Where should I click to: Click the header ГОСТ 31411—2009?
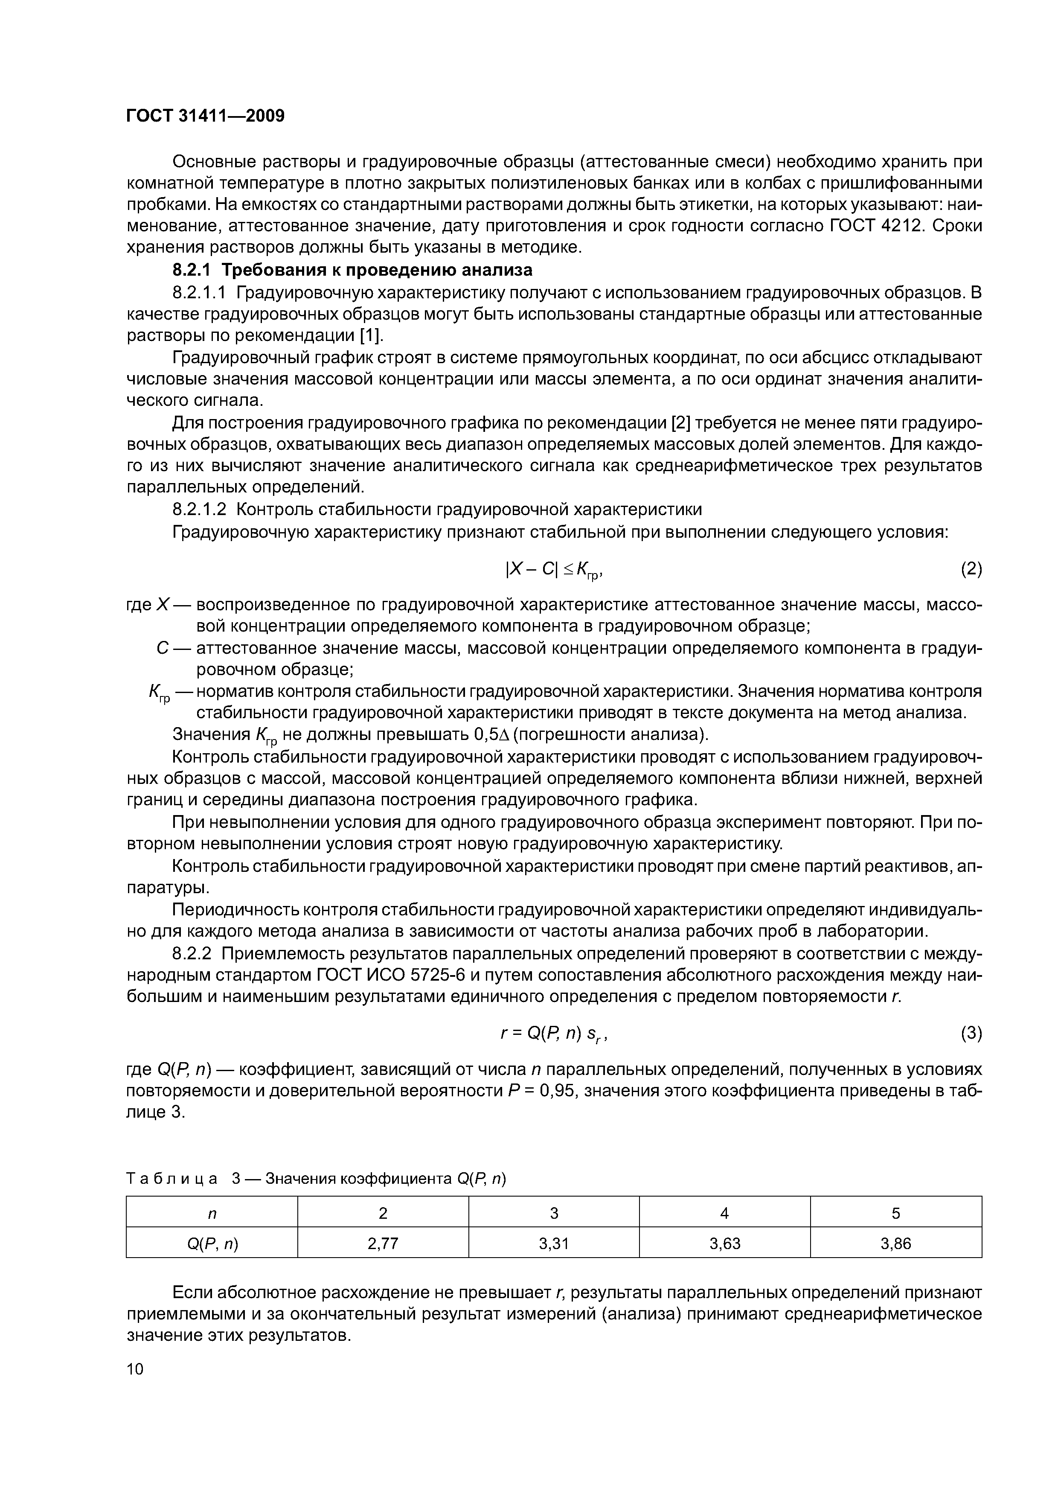pos(205,116)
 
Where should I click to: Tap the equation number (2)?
pos(971,569)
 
